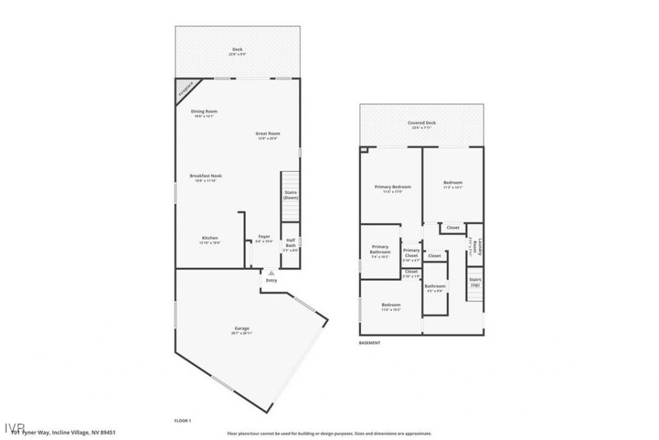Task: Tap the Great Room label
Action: pyautogui.click(x=268, y=134)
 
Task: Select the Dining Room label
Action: pyautogui.click(x=203, y=111)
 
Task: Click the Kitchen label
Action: pyautogui.click(x=210, y=238)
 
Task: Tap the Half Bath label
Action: pyautogui.click(x=290, y=243)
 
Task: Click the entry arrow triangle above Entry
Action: pyautogui.click(x=271, y=274)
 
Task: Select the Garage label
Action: pyautogui.click(x=241, y=329)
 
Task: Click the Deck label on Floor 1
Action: pyautogui.click(x=237, y=50)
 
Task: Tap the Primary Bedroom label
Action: pyautogui.click(x=393, y=187)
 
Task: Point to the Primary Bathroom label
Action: pyautogui.click(x=380, y=249)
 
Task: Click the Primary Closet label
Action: pyautogui.click(x=411, y=253)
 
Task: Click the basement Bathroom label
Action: pyautogui.click(x=434, y=286)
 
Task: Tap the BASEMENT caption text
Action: pyautogui.click(x=369, y=343)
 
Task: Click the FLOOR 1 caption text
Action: pyautogui.click(x=183, y=421)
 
